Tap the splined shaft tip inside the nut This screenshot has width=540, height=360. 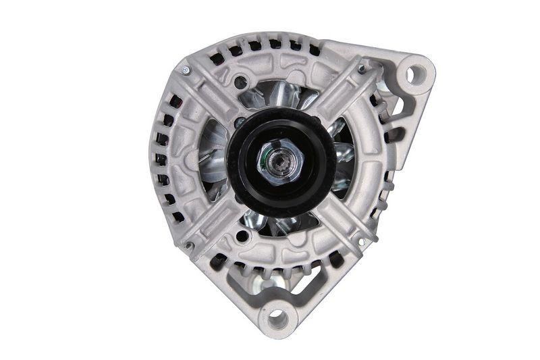coord(278,162)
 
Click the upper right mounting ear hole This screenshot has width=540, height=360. coord(414,70)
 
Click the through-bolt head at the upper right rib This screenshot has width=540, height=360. coord(362,68)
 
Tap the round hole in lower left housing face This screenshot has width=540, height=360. coord(241,236)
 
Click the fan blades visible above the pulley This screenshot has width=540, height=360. coord(277,95)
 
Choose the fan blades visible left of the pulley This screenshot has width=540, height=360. coord(215,159)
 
